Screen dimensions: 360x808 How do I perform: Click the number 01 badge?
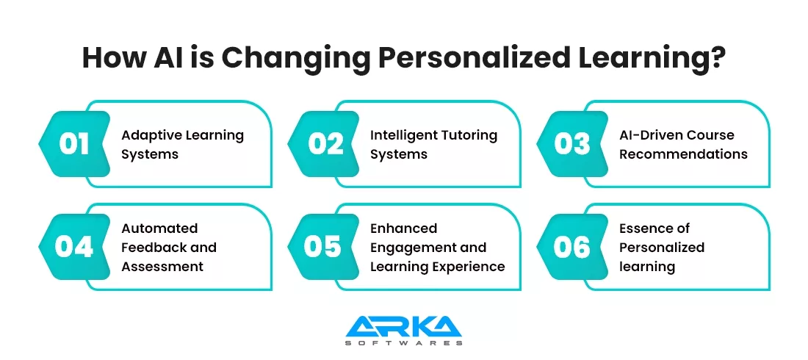tap(74, 144)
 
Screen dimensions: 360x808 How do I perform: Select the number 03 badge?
tap(573, 144)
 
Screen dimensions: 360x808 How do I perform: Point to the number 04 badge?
tap(74, 247)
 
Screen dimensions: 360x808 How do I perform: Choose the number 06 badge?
tap(573, 247)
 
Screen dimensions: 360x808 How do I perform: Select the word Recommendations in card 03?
tap(683, 154)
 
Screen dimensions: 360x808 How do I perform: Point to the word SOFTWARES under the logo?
tap(403, 343)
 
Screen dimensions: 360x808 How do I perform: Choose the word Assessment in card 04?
tap(162, 267)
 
